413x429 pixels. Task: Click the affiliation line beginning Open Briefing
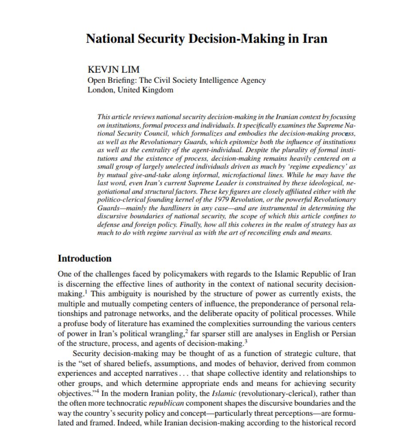(176, 80)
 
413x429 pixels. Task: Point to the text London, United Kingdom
(130, 90)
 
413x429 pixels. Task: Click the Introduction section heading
(85, 259)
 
